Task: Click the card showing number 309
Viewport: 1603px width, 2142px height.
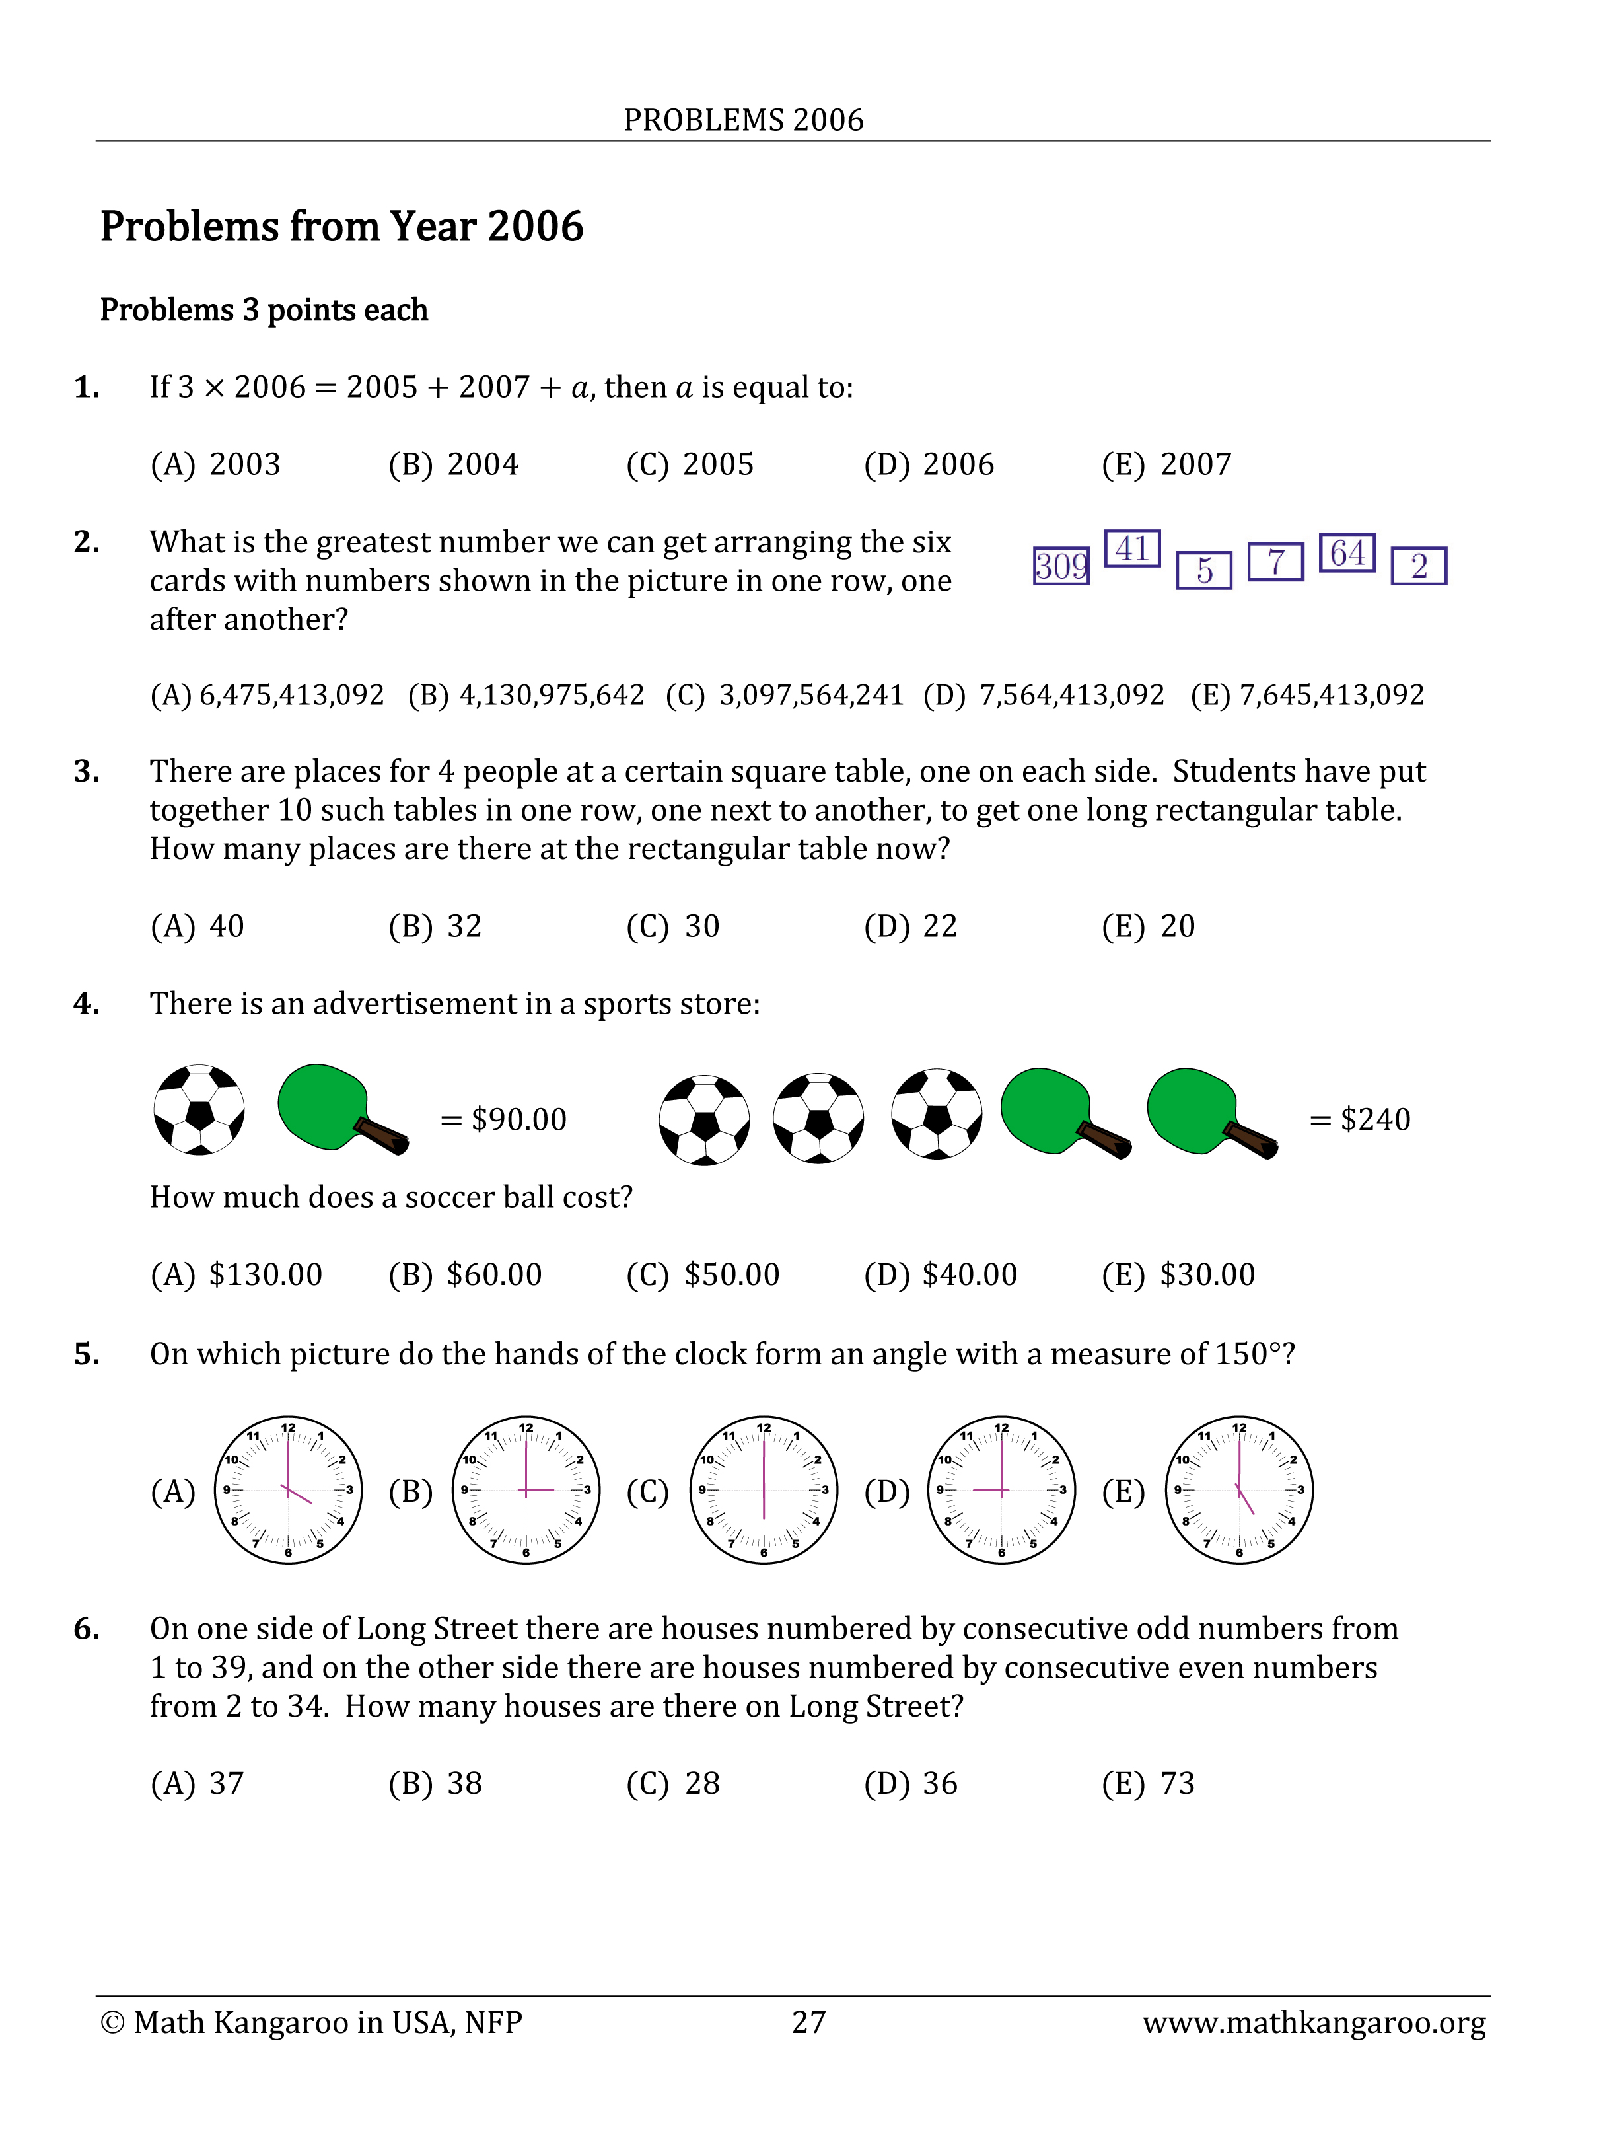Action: tap(1060, 566)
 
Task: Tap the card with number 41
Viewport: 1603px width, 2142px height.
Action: tap(1131, 549)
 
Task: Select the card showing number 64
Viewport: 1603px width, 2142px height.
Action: tap(1347, 553)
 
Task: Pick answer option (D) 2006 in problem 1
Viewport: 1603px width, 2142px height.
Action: tap(928, 465)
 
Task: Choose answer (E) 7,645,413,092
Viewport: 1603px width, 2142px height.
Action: tap(1307, 695)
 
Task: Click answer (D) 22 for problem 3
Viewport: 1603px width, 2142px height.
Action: tap(910, 927)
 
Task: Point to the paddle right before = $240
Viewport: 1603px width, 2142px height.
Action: tap(1210, 1113)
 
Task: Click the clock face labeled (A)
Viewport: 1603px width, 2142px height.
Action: tap(287, 1489)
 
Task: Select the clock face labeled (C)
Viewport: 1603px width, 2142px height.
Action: tap(763, 1489)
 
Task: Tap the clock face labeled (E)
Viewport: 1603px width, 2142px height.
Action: tap(1239, 1489)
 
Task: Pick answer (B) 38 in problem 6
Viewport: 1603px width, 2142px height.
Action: tap(436, 1784)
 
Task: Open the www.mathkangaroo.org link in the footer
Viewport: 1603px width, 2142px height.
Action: tap(1314, 2023)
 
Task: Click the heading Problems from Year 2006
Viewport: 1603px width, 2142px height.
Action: tap(341, 227)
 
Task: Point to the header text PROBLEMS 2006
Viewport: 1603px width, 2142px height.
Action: tap(744, 120)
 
